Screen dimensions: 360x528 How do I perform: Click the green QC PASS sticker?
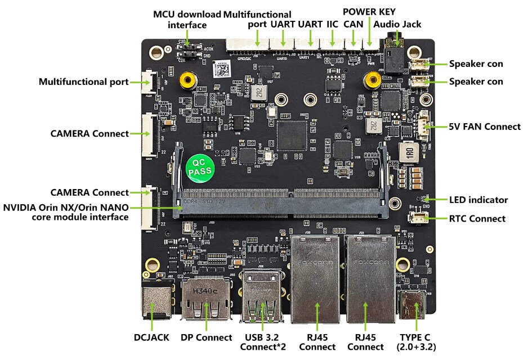pyautogui.click(x=199, y=168)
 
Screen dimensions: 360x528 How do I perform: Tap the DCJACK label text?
pyautogui.click(x=152, y=337)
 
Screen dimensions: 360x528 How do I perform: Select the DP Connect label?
pyautogui.click(x=206, y=337)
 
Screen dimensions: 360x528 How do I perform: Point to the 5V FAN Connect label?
pyautogui.click(x=484, y=127)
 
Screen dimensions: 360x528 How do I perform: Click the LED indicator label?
pyautogui.click(x=478, y=200)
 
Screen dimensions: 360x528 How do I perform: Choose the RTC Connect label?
pyautogui.click(x=477, y=219)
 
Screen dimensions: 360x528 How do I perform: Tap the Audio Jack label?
pyautogui.click(x=397, y=24)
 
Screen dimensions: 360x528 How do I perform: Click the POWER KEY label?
pyautogui.click(x=369, y=11)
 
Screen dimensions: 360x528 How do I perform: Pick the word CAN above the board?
pyautogui.click(x=353, y=24)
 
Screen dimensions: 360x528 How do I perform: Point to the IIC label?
pyautogui.click(x=332, y=24)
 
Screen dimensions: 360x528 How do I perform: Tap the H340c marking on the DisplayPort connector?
pyautogui.click(x=205, y=291)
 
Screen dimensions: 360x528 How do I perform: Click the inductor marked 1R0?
pyautogui.click(x=407, y=151)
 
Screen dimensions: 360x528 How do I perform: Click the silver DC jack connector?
pyautogui.click(x=154, y=299)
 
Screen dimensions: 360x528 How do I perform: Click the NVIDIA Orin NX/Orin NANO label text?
pyautogui.click(x=66, y=211)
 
